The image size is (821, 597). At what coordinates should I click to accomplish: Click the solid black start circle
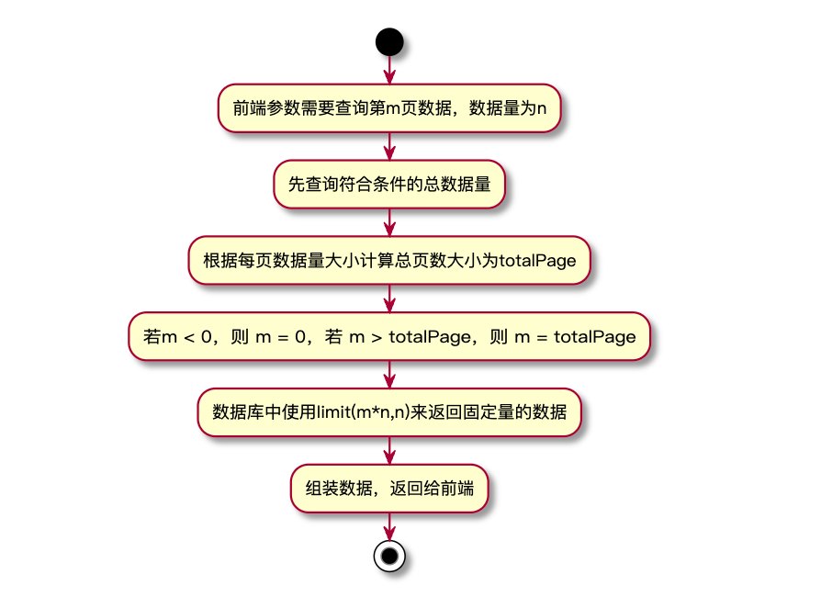tap(389, 41)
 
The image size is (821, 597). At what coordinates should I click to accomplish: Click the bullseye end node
tap(389, 556)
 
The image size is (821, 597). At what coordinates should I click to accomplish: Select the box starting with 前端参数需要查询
tap(389, 108)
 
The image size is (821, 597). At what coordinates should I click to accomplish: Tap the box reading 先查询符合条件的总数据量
tap(389, 184)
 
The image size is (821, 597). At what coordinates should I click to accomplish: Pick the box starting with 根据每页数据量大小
tap(389, 260)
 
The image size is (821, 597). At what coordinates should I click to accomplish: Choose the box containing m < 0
tap(389, 336)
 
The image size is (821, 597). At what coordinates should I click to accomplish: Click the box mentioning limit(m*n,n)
tap(389, 411)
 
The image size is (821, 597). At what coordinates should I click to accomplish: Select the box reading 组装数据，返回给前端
tap(389, 488)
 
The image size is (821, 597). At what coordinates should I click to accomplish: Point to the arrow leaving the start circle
tap(389, 70)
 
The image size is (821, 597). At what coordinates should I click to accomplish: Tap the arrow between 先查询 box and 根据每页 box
tap(389, 221)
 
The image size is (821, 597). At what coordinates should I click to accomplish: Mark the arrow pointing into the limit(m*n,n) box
tap(389, 374)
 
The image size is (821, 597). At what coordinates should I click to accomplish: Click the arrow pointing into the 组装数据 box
tap(389, 450)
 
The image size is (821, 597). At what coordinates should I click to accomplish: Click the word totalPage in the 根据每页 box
tap(537, 261)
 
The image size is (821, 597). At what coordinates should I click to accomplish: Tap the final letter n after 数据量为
tap(542, 109)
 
